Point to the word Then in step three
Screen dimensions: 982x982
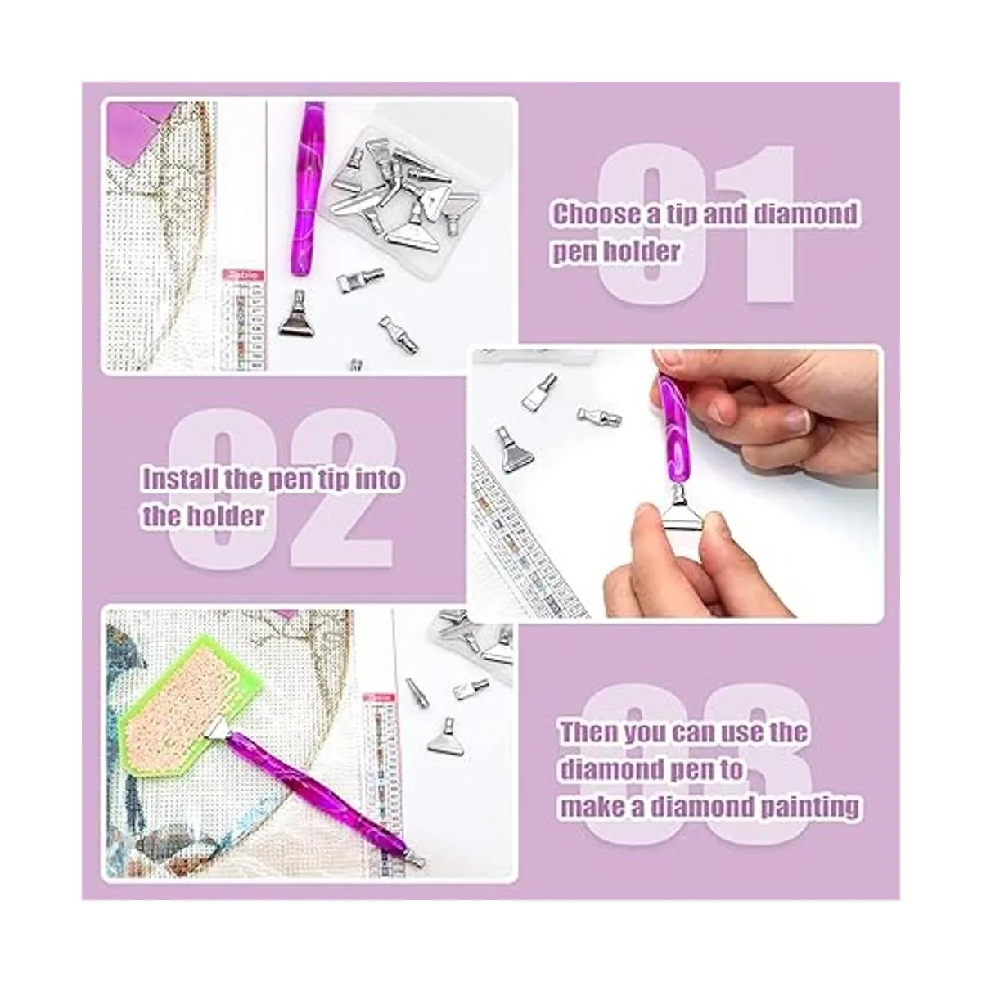click(x=589, y=732)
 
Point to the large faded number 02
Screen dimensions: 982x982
click(x=280, y=489)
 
